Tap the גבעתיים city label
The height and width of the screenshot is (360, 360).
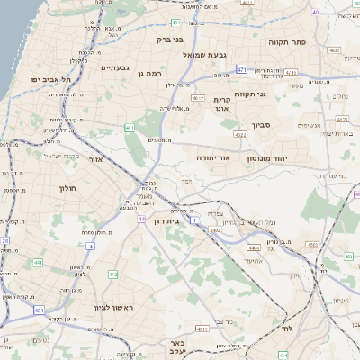click(115, 67)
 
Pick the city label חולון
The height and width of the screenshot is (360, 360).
click(68, 188)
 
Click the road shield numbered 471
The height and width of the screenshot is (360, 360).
click(242, 68)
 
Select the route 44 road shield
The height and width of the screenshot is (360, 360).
click(141, 219)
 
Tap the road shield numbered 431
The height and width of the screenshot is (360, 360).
click(39, 310)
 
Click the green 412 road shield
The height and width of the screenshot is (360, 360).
click(112, 274)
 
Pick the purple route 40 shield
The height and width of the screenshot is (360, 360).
click(316, 13)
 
